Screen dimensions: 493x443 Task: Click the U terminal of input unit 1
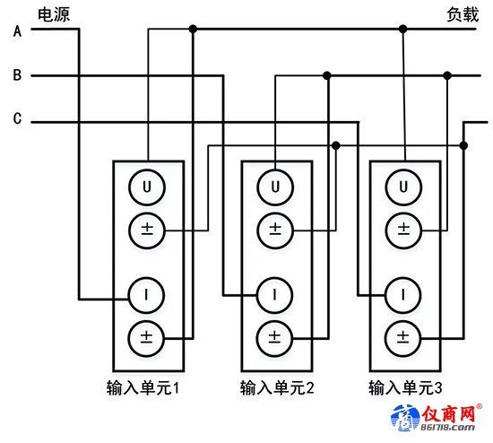[147, 187]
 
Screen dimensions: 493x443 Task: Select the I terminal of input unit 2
[275, 295]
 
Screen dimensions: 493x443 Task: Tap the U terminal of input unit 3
[403, 187]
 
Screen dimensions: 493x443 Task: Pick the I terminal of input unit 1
[146, 295]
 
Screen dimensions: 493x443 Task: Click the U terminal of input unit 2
[275, 187]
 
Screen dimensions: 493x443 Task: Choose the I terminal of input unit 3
[403, 295]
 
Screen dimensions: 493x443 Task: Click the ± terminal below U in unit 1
[147, 230]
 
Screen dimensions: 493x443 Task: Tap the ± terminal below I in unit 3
[403, 339]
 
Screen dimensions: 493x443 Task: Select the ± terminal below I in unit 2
[275, 339]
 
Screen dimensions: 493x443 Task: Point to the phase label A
[18, 31]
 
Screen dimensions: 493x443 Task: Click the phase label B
[17, 75]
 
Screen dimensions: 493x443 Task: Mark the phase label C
[17, 118]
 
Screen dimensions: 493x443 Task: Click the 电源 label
[54, 14]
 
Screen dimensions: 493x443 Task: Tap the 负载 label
[463, 14]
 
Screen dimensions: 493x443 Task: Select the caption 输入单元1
[143, 387]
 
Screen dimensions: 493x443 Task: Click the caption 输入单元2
[277, 387]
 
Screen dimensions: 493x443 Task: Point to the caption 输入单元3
[405, 387]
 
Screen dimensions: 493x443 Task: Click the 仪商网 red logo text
[448, 413]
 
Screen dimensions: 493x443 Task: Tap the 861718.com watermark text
[447, 427]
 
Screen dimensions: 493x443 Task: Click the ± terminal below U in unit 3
[403, 230]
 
